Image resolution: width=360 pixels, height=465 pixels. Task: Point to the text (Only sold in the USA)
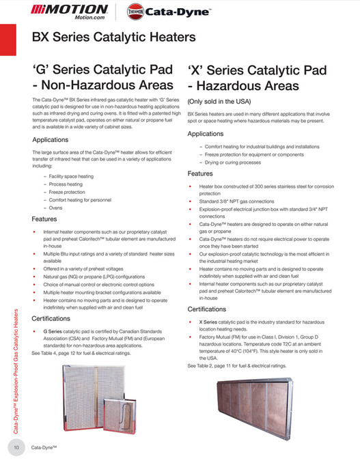click(x=220, y=100)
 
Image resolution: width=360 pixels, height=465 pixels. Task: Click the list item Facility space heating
click(x=71, y=176)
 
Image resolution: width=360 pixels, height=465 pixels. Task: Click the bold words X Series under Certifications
click(x=208, y=321)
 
